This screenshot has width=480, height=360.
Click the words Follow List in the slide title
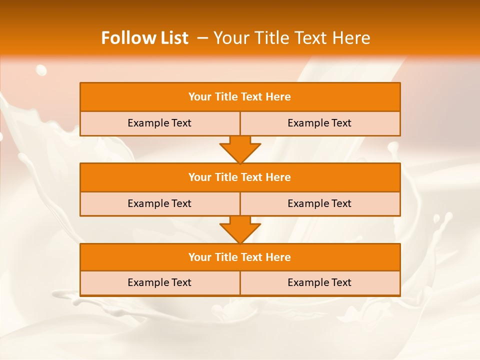pos(144,38)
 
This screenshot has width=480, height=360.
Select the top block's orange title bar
pos(240,97)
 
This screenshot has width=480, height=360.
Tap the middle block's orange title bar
pos(240,177)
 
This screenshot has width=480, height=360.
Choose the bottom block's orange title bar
pos(240,257)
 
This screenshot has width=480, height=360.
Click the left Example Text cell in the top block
pos(160,123)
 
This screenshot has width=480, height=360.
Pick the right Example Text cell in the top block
pos(320,123)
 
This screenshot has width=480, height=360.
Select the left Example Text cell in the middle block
pos(160,203)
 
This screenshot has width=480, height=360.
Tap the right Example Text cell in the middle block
pos(320,203)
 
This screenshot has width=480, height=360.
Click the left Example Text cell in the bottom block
pos(160,282)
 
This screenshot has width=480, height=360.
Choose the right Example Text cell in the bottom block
pos(320,282)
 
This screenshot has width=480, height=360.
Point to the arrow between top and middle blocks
pos(240,149)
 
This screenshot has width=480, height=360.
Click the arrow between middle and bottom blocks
pos(240,229)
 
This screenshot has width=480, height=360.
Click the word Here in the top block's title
pos(278,97)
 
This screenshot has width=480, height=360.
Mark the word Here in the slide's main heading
pos(352,38)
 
